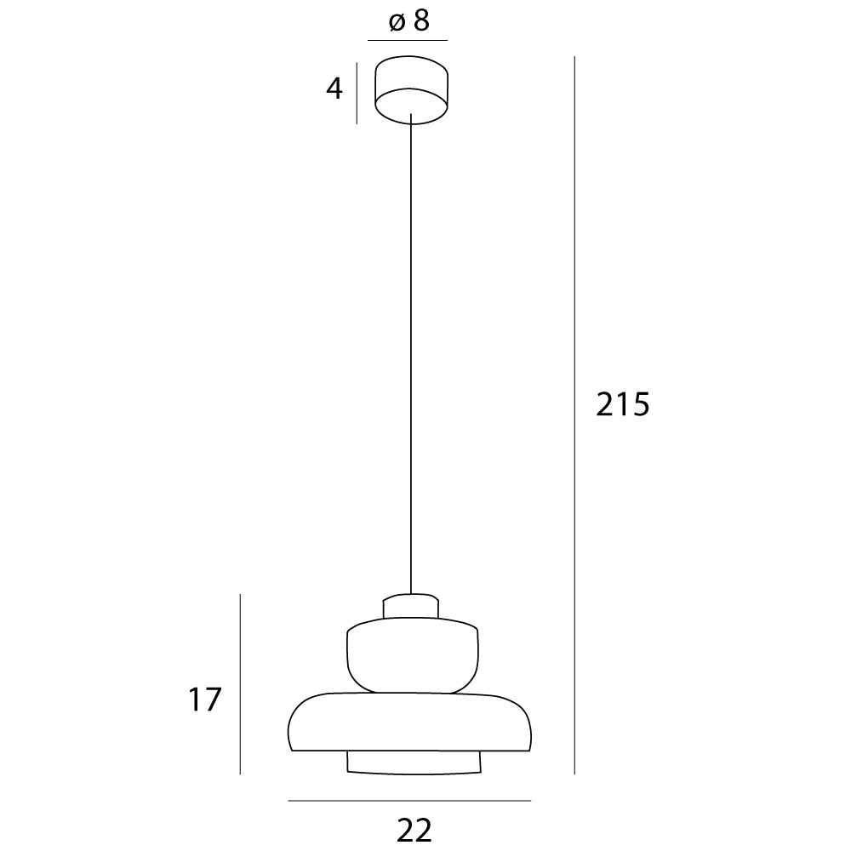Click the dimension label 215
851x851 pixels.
point(623,405)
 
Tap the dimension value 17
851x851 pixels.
point(205,700)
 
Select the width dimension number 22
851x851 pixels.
point(414,827)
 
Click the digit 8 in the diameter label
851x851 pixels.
point(420,21)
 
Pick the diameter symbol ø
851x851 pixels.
point(396,23)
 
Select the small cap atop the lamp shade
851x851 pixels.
point(411,607)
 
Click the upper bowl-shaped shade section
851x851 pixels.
point(413,655)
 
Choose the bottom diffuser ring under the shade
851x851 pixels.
point(413,763)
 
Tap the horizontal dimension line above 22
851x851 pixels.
point(408,801)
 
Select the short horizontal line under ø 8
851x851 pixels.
point(407,40)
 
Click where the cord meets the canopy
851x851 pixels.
point(411,116)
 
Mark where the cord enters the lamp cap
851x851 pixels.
point(411,593)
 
